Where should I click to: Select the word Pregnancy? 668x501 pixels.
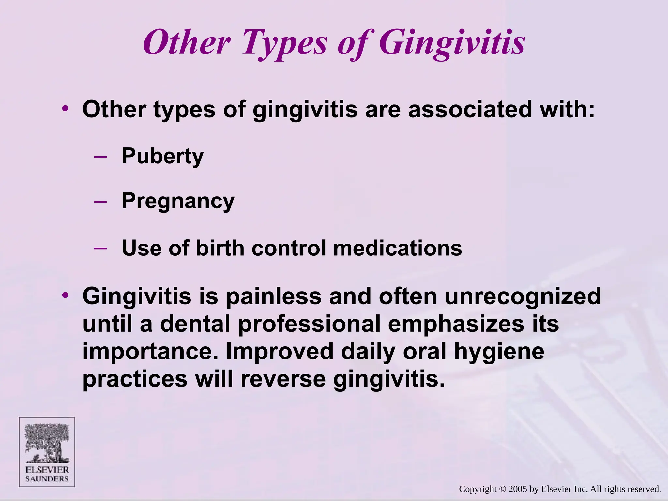coord(178,201)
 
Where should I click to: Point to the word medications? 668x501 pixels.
coord(397,248)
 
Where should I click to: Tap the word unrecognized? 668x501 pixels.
coord(522,296)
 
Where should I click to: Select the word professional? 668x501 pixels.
coord(309,324)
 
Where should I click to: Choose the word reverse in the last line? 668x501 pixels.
coord(283,379)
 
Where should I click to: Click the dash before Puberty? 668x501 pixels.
coord(100,157)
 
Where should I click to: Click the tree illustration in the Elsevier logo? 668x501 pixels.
coord(47,443)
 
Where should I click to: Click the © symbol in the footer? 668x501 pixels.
coord(503,489)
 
